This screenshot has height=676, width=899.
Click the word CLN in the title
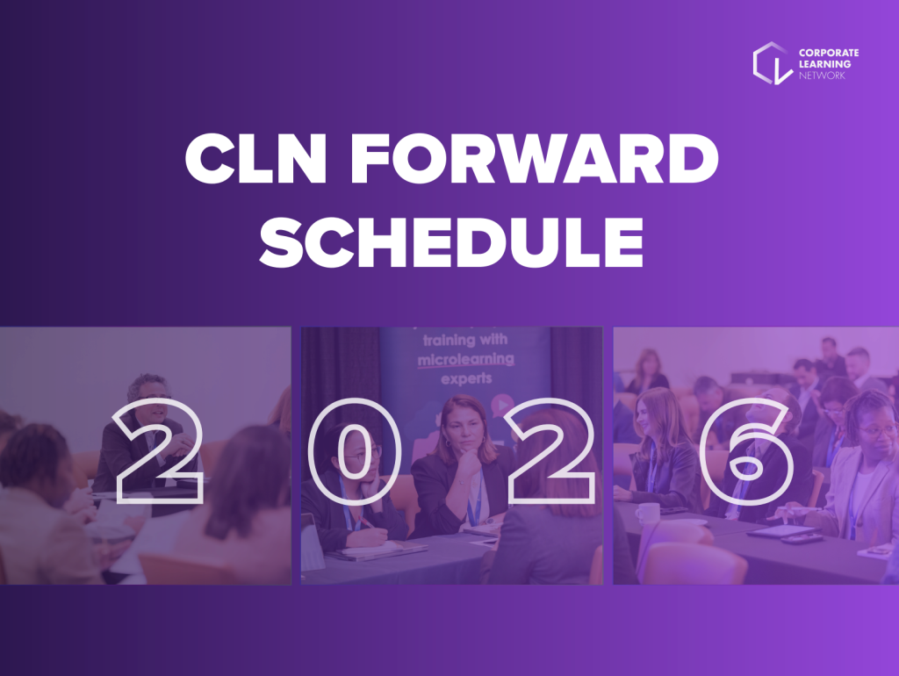point(255,158)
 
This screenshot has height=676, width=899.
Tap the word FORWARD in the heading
point(535,158)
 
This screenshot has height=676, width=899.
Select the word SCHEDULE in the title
point(451,241)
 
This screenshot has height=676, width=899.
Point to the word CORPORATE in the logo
point(829,53)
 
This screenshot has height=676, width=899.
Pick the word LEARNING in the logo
point(824,64)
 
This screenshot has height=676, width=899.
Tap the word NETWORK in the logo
point(822,76)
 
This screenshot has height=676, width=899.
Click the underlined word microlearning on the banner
point(465,360)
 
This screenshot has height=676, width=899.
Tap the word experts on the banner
point(466,379)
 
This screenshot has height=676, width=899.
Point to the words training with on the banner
point(465,340)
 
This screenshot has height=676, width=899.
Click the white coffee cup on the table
point(647,513)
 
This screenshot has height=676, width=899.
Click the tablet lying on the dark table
point(780,531)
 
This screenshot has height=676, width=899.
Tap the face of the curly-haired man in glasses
point(151,400)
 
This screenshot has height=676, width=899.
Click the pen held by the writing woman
point(365,521)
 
